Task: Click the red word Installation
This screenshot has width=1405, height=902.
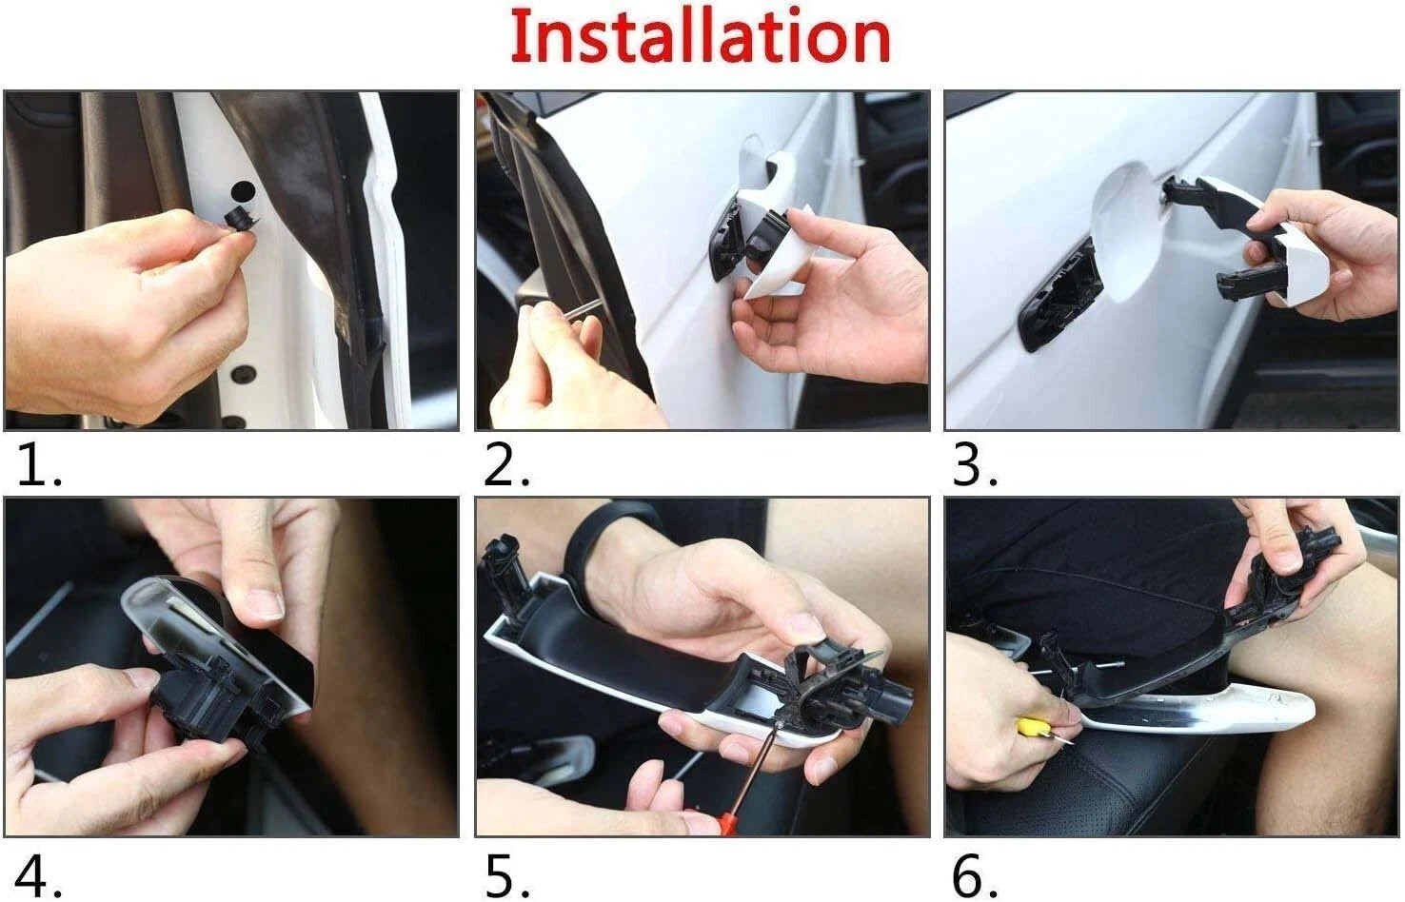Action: click(x=701, y=35)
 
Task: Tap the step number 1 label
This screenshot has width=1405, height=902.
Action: click(x=39, y=465)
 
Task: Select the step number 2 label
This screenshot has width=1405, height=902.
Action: click(x=506, y=465)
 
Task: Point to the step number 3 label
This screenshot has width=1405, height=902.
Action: click(x=975, y=465)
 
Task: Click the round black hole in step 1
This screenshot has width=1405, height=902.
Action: click(x=243, y=192)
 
